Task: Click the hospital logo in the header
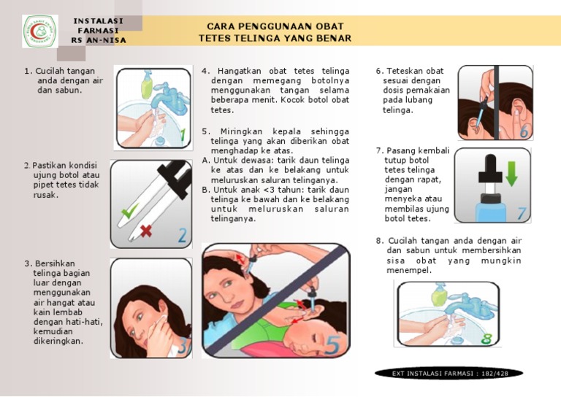pos(40,31)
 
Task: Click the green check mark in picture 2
pos(129,211)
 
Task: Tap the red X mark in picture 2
pos(146,231)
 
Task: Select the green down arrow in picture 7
pos(511,174)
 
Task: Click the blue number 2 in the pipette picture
pos(183,236)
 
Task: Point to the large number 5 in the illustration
pos(333,345)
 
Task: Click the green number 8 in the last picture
pos(486,339)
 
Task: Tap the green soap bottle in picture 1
pos(147,85)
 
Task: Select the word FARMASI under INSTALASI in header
pos(98,31)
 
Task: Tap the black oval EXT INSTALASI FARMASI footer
pos(449,374)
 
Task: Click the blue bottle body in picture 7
pos(491,212)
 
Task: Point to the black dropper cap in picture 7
pos(491,169)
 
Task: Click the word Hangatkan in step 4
pos(240,71)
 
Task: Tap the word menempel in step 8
pos(409,270)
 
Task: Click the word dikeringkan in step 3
pos(58,341)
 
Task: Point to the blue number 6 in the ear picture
pos(524,132)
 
